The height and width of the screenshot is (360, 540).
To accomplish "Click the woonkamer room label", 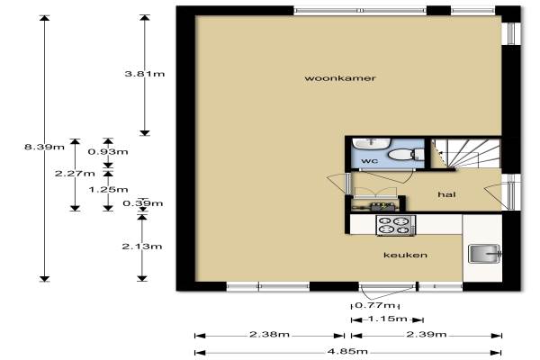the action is pos(340,78).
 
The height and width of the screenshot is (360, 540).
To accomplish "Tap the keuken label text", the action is pos(405,255).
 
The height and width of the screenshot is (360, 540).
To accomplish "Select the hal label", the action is pos(446,194).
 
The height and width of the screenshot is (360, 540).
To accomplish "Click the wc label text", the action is pos(370,161).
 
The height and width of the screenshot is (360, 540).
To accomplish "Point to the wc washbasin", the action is pos(371,143).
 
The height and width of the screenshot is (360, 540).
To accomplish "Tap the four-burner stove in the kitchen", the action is pos(395,226).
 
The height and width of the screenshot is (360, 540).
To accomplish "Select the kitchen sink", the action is pos(484,254).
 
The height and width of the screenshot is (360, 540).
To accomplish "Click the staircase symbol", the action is pos(466,154).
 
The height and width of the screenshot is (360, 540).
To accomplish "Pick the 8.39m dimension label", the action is pos(44,147).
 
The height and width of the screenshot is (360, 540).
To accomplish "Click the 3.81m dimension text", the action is pos(145,74).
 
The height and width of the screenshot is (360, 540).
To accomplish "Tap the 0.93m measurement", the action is pos(108,151).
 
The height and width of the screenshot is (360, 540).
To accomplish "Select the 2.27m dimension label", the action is pos(75,174).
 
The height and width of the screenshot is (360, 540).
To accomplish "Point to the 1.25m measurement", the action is pos(109,190).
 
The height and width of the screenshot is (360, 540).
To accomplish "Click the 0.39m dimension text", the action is pos(143,203).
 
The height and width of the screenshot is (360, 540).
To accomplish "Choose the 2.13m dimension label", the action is pos(142,247).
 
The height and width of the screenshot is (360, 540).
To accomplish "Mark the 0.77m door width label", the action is pos(375,305).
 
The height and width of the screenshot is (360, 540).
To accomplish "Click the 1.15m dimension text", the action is pos(387,319).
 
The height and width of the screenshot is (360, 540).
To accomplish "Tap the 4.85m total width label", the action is pos(347,352).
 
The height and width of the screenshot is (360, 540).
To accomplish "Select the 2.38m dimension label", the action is pos(269,334).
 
